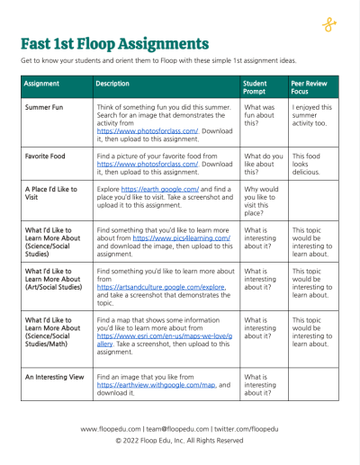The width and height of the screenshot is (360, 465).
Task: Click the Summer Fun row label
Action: click(47, 107)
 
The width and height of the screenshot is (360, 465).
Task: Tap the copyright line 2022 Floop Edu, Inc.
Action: click(179, 441)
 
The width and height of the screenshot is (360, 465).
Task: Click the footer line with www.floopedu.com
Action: click(179, 429)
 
